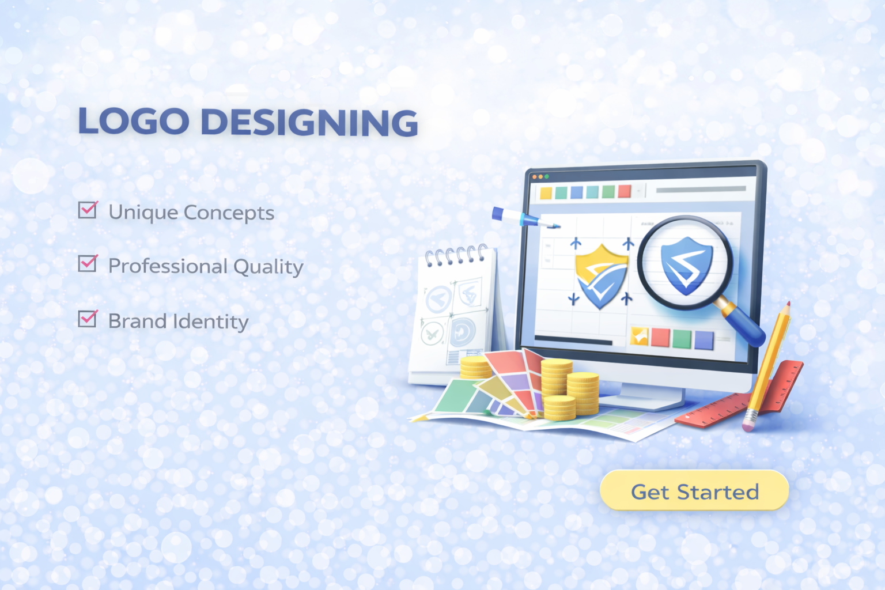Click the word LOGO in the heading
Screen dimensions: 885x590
click(x=134, y=121)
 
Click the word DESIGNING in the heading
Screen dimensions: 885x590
click(x=309, y=122)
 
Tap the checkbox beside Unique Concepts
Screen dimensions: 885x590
click(x=88, y=210)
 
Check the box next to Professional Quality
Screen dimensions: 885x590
click(x=88, y=263)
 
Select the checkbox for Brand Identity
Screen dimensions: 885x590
click(x=88, y=319)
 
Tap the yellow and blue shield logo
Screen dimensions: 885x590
click(x=601, y=276)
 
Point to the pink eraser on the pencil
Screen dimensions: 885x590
click(x=748, y=426)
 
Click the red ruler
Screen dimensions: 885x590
click(x=739, y=395)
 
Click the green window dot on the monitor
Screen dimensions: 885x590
click(x=547, y=177)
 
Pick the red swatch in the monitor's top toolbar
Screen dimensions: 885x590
click(x=624, y=191)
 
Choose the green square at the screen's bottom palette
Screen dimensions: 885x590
click(x=682, y=339)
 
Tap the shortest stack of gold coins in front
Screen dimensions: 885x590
click(x=559, y=409)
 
